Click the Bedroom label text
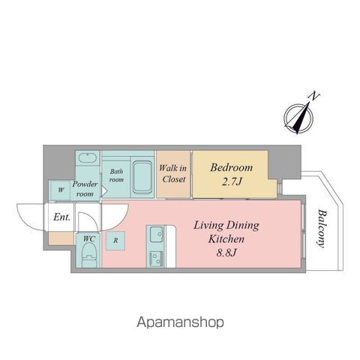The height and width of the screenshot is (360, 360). pos(231,167)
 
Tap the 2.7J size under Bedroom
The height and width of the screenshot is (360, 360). pos(232,181)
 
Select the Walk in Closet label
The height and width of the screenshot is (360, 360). pos(173,173)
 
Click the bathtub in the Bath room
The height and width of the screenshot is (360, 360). pos(142,178)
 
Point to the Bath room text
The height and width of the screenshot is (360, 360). pos(116,175)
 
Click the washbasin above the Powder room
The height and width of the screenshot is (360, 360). pos(87,157)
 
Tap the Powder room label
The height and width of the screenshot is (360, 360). pos(85,189)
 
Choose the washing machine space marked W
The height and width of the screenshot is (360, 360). pos(60,190)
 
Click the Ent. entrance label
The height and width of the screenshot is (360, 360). pos(61,217)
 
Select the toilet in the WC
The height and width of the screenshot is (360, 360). pos(89,254)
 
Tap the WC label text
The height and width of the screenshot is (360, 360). pos(89,238)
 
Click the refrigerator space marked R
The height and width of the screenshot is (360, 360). pos(115,241)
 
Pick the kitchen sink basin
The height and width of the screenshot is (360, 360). pos(156,234)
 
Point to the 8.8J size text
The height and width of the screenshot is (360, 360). pos(226,253)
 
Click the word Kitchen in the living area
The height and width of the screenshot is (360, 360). pos(226,239)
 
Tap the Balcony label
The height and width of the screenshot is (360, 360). pos(322,229)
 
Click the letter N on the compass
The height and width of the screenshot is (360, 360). pos(314,96)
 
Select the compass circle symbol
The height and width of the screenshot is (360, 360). pos(298,118)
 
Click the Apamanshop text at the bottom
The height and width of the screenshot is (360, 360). pos(180,322)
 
